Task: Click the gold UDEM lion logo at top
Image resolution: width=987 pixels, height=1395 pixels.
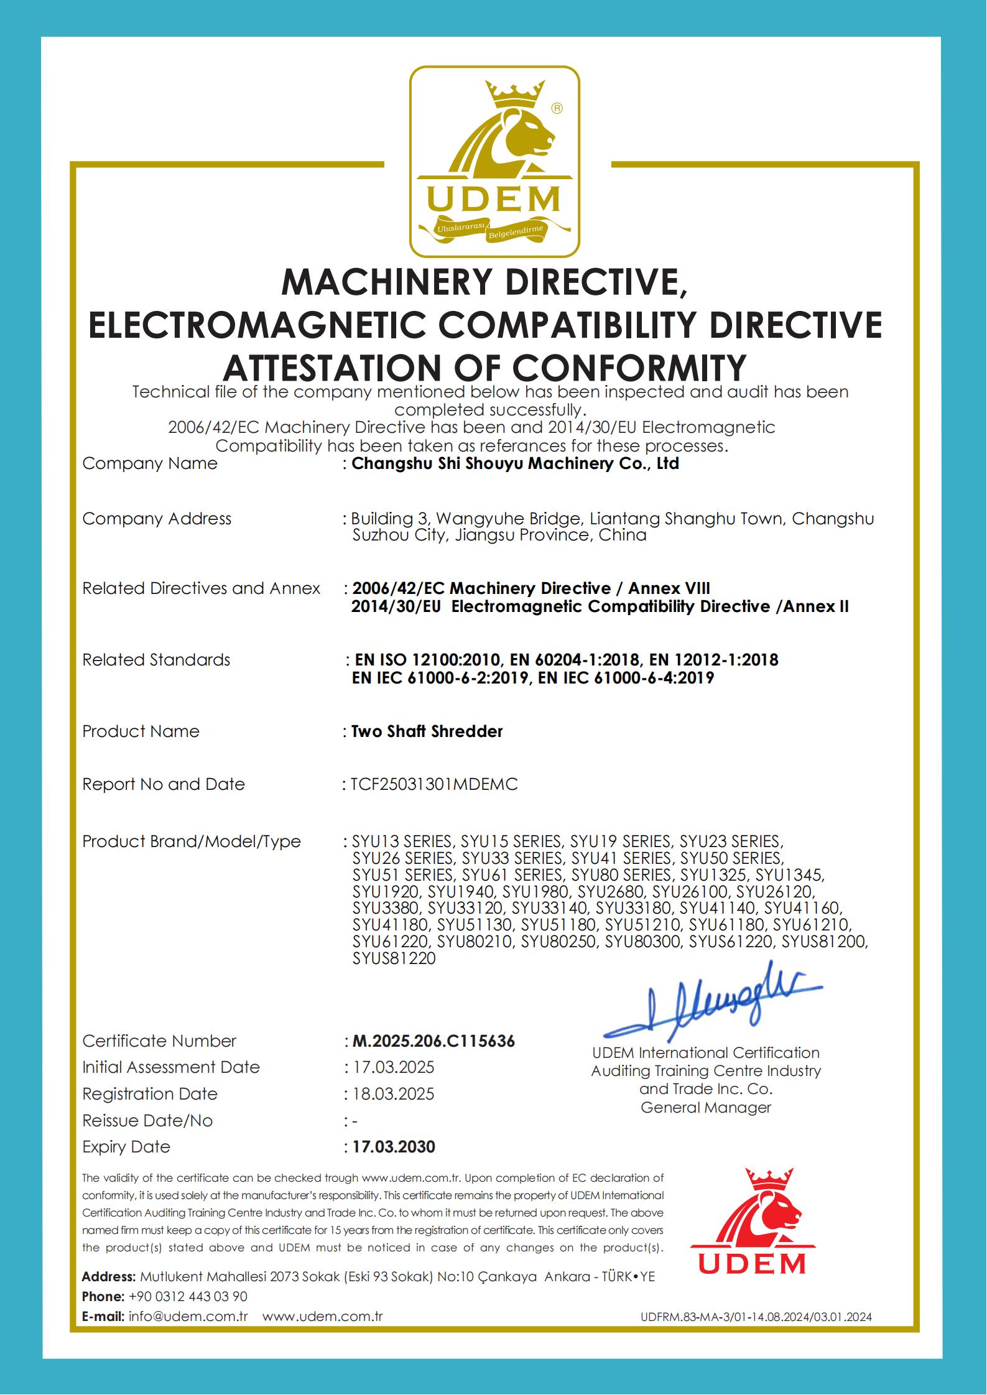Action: click(494, 162)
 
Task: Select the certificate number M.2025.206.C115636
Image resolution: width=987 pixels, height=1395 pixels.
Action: click(433, 1041)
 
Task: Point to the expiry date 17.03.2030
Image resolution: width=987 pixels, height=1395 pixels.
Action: click(394, 1147)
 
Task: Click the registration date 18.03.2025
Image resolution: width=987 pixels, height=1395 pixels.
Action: click(394, 1094)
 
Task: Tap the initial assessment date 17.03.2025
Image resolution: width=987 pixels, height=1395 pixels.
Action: click(394, 1067)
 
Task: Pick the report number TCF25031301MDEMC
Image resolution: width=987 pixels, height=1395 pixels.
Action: click(434, 784)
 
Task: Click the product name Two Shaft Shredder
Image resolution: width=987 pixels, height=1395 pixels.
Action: click(427, 731)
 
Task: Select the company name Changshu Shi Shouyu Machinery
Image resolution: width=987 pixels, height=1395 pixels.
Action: click(515, 463)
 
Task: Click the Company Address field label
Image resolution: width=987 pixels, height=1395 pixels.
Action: click(157, 519)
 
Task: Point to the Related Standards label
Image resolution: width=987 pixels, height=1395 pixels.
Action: click(156, 660)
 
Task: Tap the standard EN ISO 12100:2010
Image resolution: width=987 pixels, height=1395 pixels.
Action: click(427, 660)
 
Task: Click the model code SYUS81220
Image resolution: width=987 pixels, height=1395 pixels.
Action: click(394, 958)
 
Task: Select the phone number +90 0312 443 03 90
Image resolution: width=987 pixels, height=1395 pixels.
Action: click(188, 1297)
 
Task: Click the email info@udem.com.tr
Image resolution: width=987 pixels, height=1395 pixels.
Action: click(188, 1317)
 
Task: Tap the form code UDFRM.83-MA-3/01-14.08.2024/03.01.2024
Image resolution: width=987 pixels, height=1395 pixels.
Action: click(756, 1317)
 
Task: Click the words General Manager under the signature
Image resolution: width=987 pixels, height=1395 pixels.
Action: click(706, 1108)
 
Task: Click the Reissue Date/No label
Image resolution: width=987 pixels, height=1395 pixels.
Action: click(147, 1121)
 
